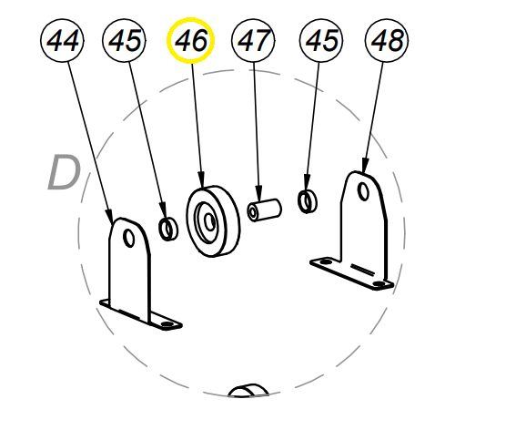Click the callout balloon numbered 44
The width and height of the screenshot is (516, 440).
click(62, 40)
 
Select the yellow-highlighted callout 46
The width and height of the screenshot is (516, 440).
click(190, 40)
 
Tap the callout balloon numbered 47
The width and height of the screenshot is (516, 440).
click(253, 40)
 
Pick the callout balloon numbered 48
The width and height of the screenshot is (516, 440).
click(387, 40)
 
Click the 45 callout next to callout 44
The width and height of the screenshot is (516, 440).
click(124, 40)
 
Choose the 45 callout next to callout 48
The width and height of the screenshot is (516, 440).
click(321, 40)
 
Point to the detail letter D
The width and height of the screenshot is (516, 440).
click(64, 172)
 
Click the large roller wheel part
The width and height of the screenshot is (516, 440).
click(213, 221)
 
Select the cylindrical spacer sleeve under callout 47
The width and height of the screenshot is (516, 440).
click(264, 210)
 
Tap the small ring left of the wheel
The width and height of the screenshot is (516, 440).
click(168, 229)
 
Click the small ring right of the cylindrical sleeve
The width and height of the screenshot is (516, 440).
click(308, 201)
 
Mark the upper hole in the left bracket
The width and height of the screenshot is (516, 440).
click(128, 238)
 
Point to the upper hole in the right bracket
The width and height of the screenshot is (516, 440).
click(363, 191)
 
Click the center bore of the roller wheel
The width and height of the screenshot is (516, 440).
click(209, 221)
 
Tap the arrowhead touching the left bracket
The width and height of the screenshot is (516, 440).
click(109, 215)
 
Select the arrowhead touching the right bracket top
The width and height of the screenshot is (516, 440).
click(364, 165)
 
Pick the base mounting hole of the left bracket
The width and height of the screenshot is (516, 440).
click(167, 324)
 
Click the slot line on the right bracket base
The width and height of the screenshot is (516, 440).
click(362, 269)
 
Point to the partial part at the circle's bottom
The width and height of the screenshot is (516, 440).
click(248, 391)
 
